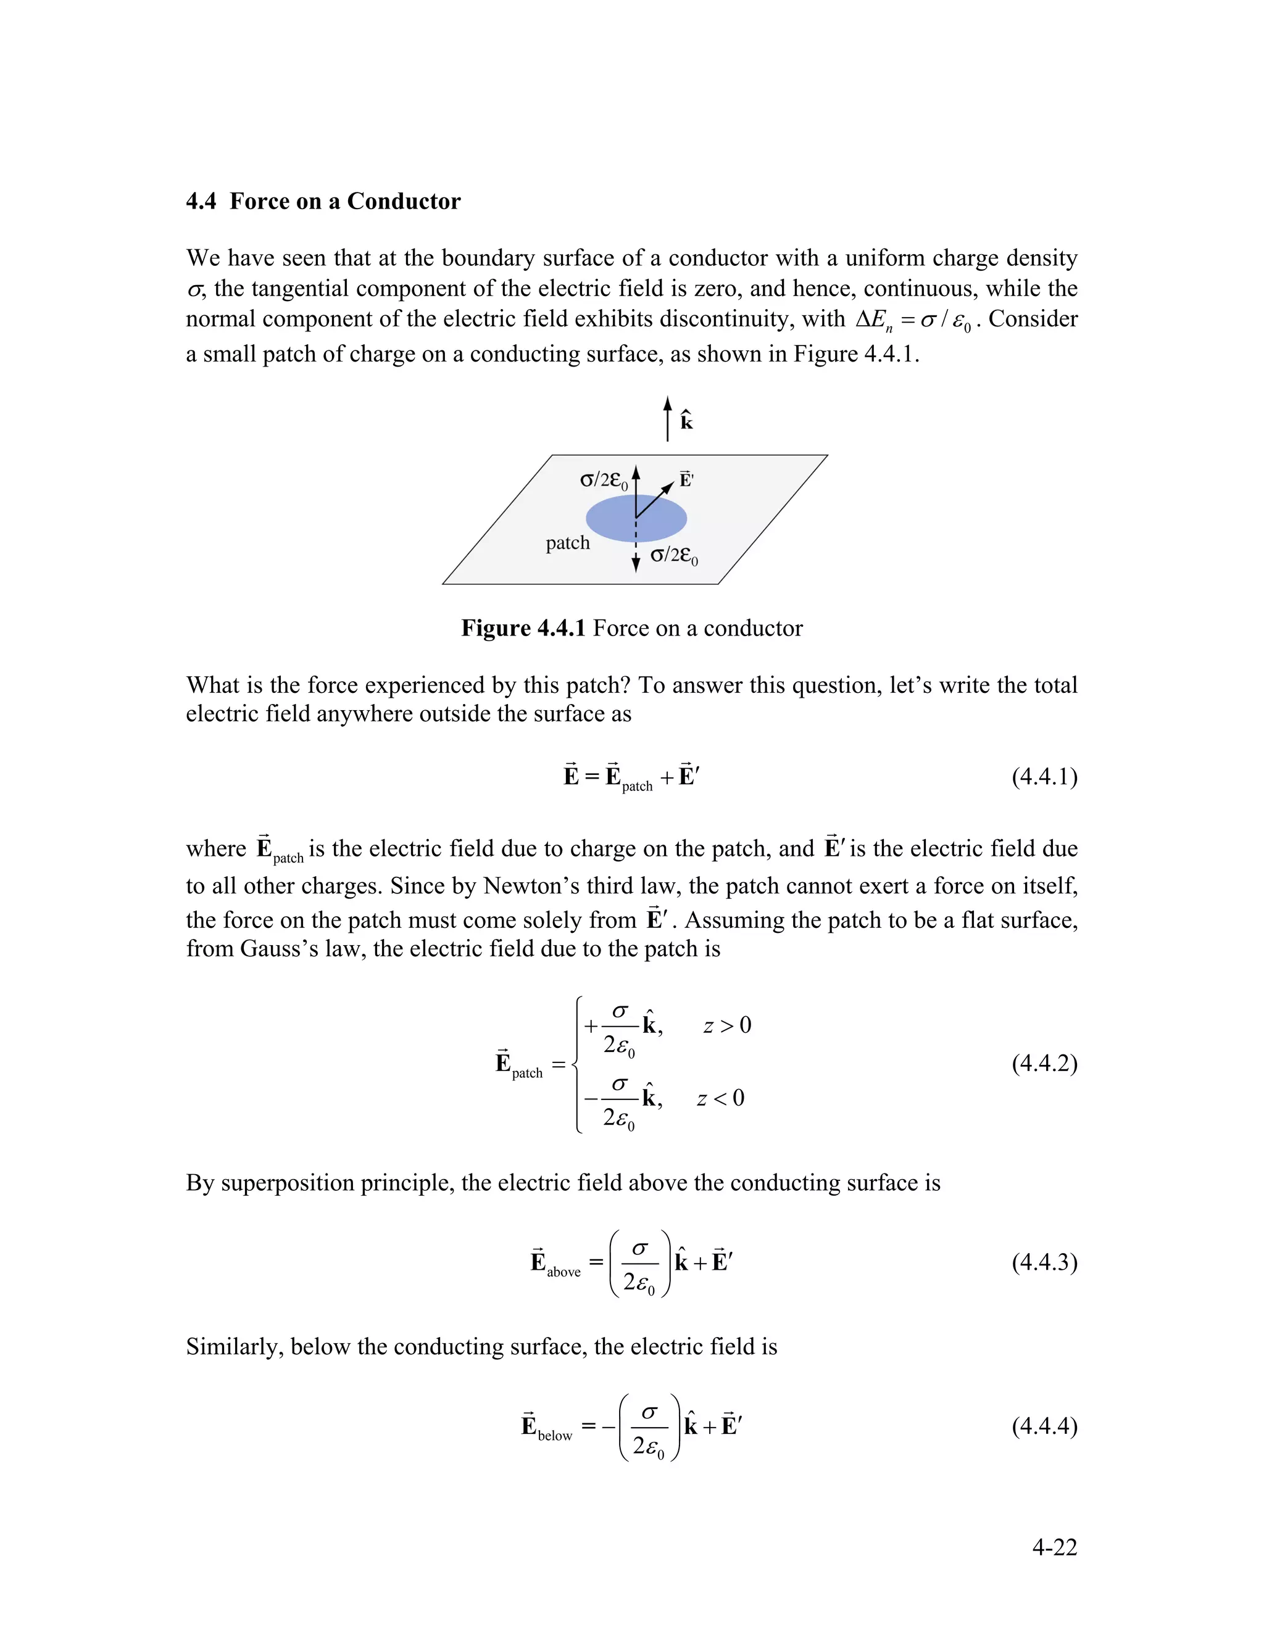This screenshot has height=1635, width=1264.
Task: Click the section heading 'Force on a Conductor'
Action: point(344,201)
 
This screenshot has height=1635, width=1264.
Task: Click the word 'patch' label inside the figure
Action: point(568,543)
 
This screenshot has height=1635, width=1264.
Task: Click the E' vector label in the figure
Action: point(686,480)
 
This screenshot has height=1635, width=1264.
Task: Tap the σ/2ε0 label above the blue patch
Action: point(604,481)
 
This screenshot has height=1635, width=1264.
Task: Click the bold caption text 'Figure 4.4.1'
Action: point(523,628)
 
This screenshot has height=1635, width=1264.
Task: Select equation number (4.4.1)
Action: point(1044,776)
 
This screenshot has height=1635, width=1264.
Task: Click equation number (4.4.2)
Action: point(1044,1063)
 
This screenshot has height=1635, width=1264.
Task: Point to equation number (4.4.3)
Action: point(1044,1262)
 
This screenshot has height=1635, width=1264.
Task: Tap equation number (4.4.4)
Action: point(1044,1425)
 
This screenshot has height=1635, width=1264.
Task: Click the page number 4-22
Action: point(1054,1547)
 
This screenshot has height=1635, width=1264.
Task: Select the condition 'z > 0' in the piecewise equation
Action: point(726,1025)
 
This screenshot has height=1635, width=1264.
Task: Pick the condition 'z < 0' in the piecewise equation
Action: point(720,1098)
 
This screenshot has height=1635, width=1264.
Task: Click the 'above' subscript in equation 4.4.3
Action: point(563,1272)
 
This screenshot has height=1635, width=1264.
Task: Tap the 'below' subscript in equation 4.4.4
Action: point(555,1435)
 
